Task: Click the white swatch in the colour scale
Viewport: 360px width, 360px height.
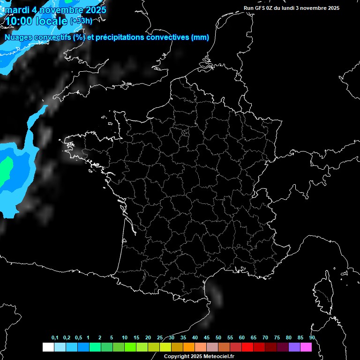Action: (48, 347)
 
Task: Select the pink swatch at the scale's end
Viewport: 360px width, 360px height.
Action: (306, 347)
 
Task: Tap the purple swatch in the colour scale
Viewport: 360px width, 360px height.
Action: (294, 347)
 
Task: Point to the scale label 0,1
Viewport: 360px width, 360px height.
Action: (55, 338)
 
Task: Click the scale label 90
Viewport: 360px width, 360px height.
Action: (312, 338)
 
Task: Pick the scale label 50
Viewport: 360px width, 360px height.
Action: (218, 338)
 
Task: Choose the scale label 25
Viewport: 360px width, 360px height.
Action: (160, 338)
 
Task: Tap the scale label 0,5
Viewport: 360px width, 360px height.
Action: (78, 338)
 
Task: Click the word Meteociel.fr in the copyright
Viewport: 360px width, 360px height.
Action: (221, 357)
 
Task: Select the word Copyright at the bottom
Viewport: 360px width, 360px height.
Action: (176, 357)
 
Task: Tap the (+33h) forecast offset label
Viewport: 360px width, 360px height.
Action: (81, 21)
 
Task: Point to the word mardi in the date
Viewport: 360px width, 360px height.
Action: (16, 9)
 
